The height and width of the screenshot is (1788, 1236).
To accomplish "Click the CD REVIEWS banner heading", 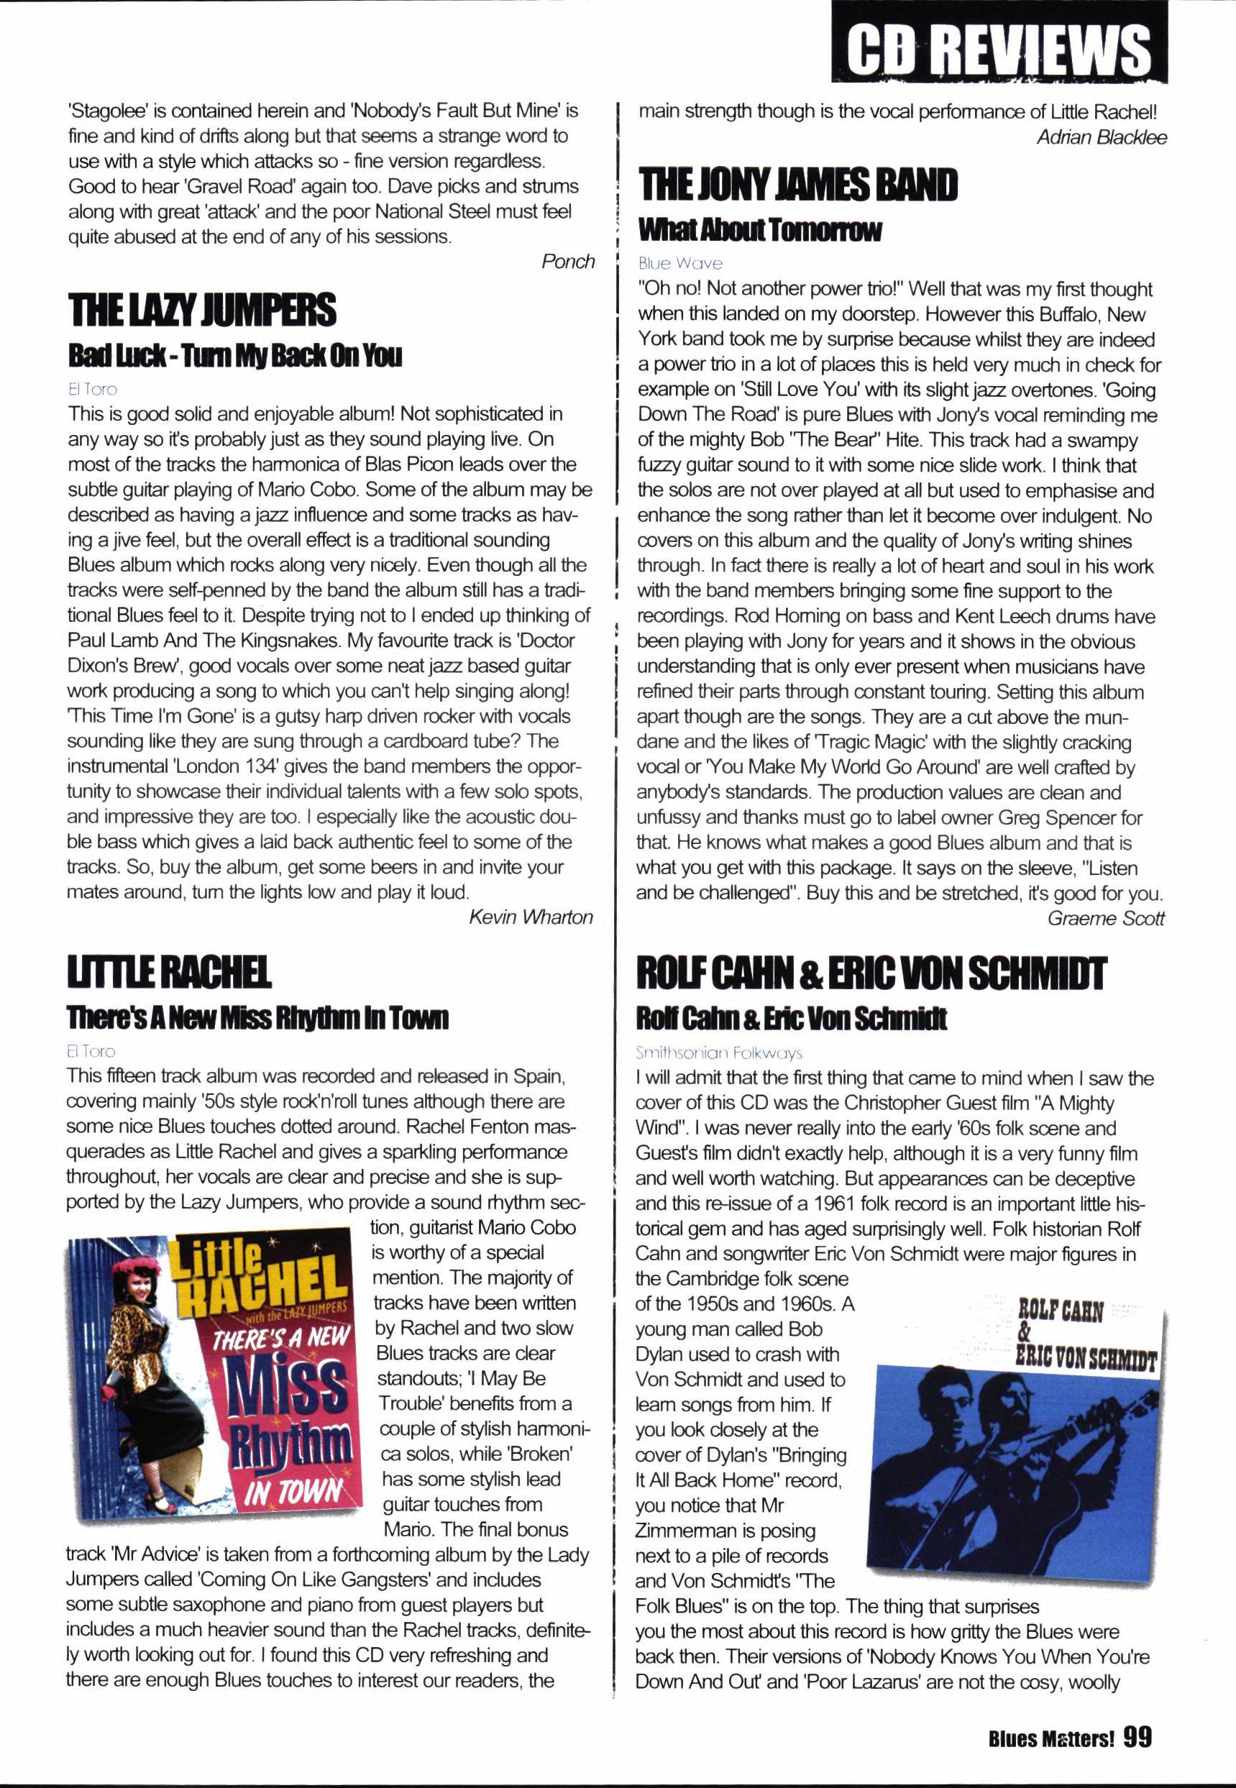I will [x=999, y=49].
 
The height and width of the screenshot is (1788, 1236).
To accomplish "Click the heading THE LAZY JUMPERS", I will [x=202, y=310].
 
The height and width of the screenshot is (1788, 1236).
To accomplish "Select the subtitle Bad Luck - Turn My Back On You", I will [x=234, y=355].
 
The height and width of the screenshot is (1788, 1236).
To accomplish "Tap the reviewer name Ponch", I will [x=567, y=262].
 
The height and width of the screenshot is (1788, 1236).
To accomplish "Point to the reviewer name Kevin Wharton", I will [x=531, y=917].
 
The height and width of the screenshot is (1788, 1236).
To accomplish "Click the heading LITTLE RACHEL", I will [x=169, y=973].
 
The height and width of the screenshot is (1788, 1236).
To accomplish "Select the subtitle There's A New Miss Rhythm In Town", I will [x=257, y=1017].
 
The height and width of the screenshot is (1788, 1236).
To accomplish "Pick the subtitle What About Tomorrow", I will [x=760, y=229].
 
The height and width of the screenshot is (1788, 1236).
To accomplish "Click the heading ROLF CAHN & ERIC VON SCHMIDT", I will [x=871, y=973].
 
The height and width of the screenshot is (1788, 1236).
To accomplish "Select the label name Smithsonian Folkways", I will [x=719, y=1053].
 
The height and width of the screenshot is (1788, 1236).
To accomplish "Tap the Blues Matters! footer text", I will [x=1051, y=1739].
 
